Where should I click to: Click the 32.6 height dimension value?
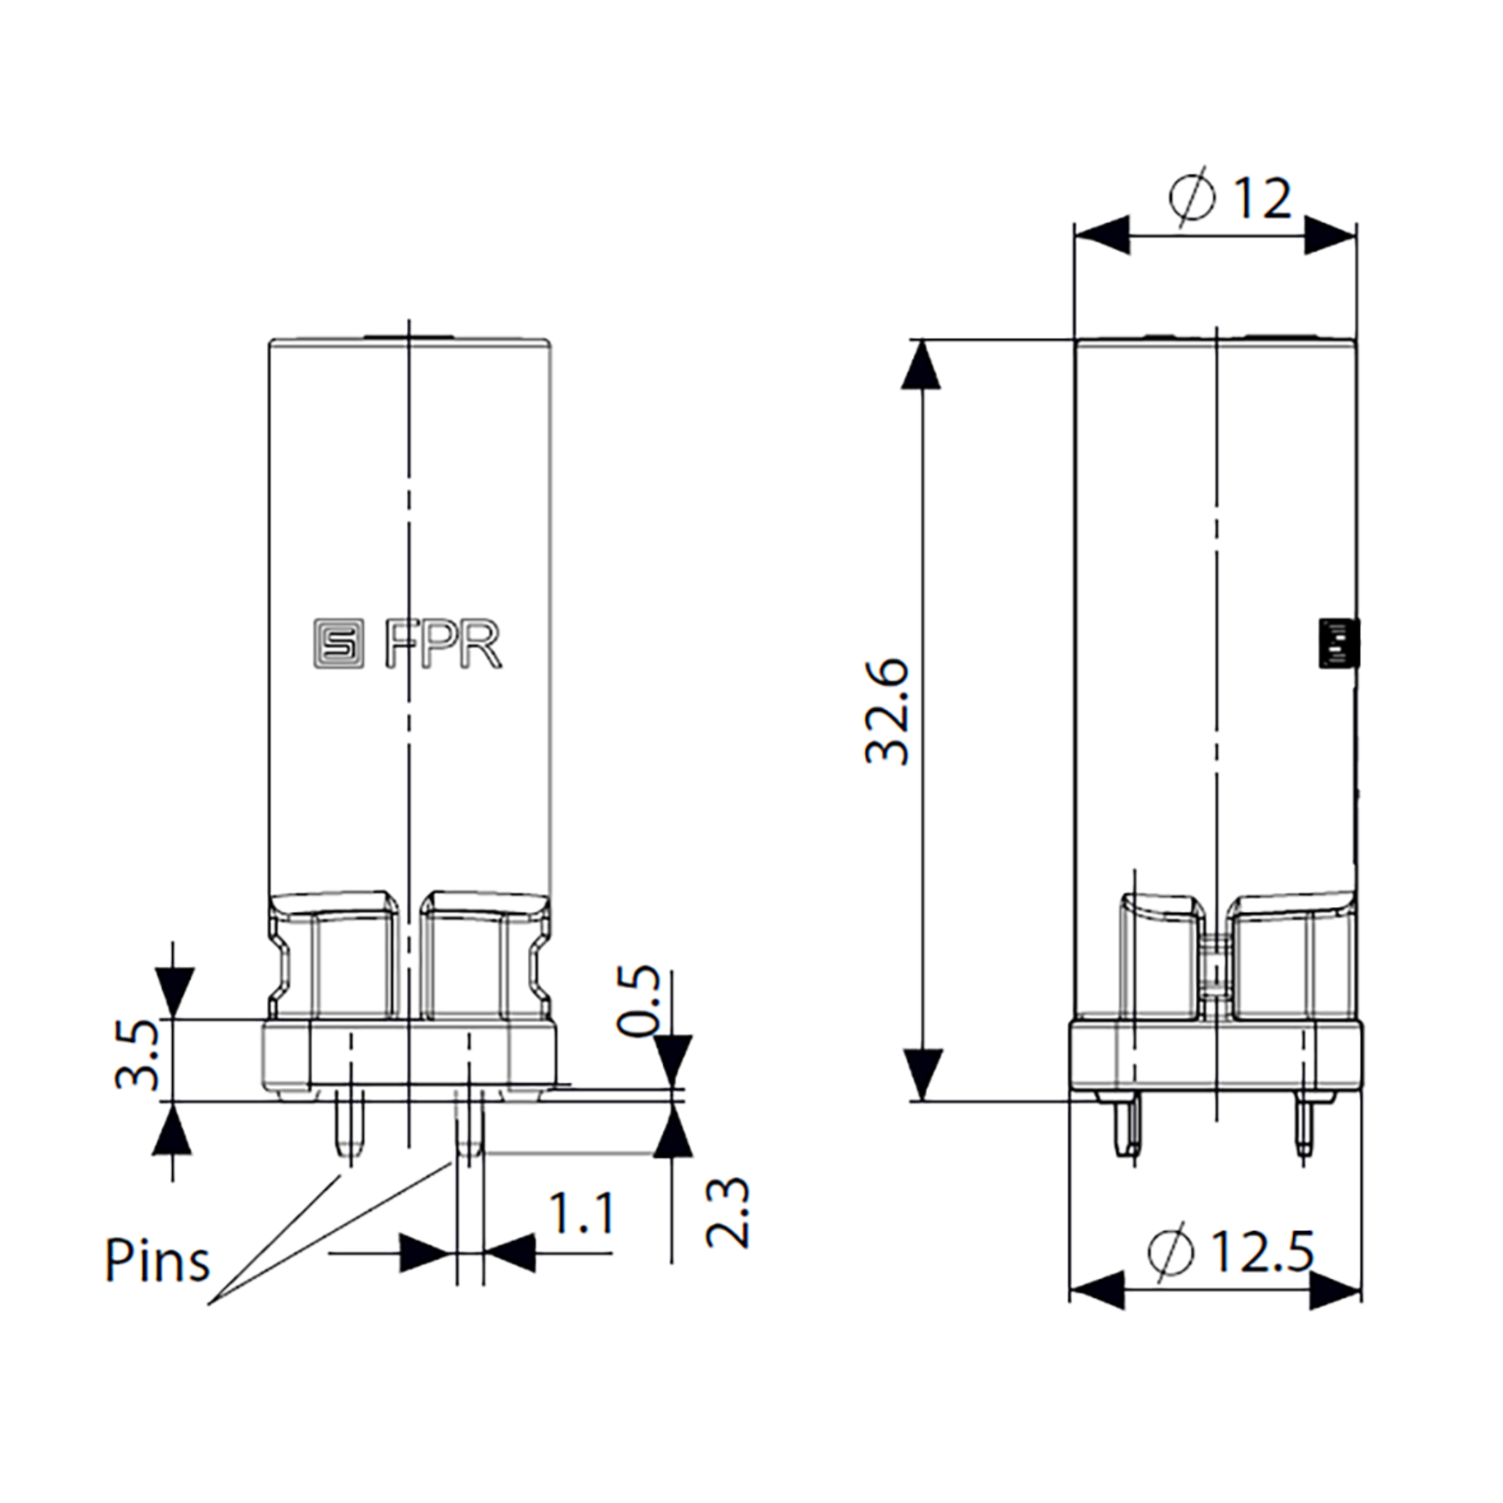coord(887,713)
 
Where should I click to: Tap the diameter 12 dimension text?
coord(1230,199)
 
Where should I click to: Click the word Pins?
coord(158,1261)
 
